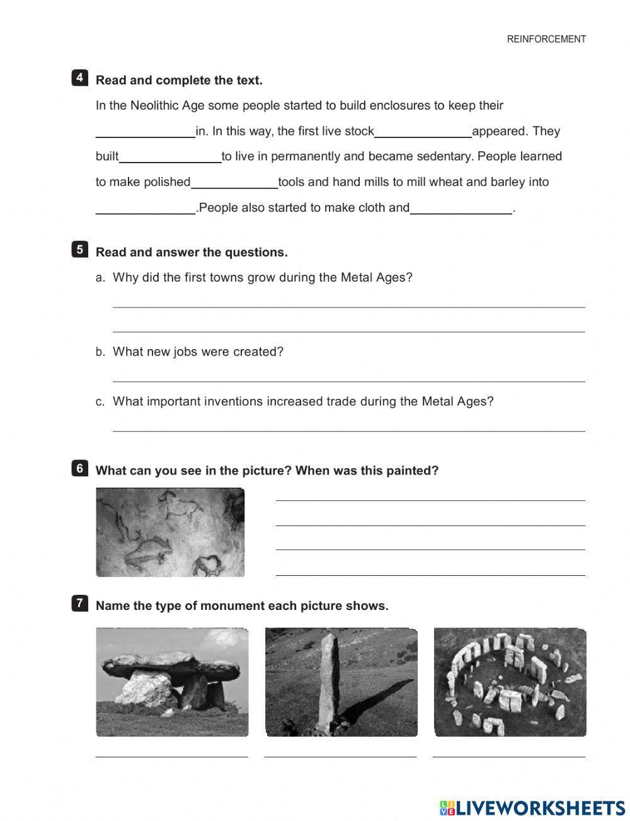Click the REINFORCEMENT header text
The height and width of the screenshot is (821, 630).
546,39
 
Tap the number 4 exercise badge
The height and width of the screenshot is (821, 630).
79,78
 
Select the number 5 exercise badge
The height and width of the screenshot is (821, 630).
79,250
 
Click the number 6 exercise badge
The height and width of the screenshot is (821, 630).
79,468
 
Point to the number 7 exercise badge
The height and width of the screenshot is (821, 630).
79,603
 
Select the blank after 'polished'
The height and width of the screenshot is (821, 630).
234,183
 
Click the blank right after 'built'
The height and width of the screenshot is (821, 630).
170,158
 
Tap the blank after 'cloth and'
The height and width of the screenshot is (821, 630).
461,209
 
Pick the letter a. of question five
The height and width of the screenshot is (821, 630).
100,278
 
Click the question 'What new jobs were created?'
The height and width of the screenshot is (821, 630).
198,352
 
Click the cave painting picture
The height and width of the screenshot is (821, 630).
170,532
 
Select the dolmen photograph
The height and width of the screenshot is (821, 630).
172,682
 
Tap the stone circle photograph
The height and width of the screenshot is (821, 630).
510,682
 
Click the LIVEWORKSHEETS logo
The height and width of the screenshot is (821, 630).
532,808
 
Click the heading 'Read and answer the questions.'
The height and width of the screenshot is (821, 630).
192,252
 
